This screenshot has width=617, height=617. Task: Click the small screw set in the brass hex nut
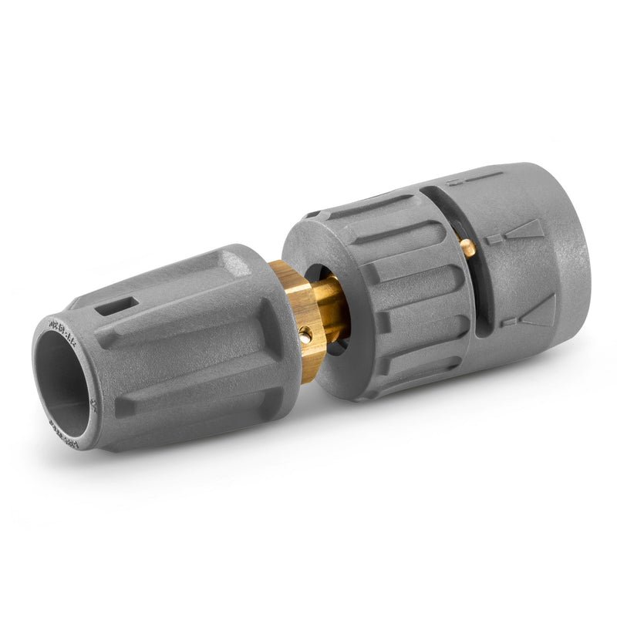click(305, 334)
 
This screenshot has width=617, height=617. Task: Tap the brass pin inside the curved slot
click(467, 247)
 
